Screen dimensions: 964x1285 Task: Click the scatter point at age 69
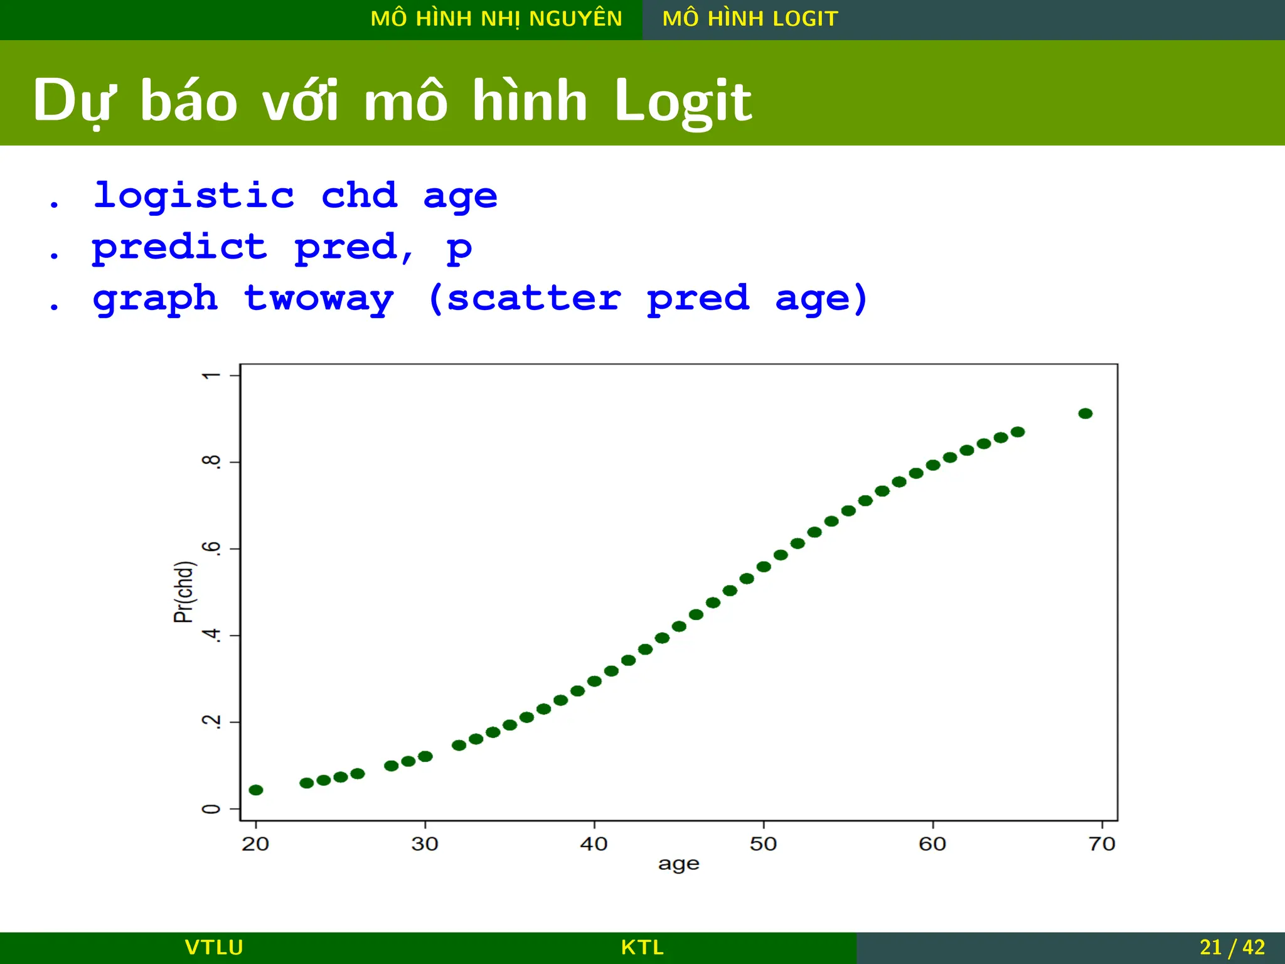pos(1085,414)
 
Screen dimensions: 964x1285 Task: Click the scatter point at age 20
pos(256,790)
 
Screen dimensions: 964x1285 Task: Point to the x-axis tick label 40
pos(594,843)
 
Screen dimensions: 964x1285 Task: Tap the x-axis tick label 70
pos(1102,843)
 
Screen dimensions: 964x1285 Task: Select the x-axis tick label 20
pos(255,843)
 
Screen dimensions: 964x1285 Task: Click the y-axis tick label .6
pos(212,548)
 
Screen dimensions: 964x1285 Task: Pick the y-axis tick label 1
pos(212,375)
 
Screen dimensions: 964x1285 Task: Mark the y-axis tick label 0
pos(212,809)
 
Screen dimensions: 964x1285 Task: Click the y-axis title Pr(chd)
pos(184,592)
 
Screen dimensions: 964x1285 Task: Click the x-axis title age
pos(678,865)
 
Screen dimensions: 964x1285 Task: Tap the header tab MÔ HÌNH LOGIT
pos(750,19)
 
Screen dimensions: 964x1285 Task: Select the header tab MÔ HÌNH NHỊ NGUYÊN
pos(496,19)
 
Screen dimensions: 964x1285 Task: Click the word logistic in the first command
pos(194,195)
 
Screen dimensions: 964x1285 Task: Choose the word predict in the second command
pos(179,247)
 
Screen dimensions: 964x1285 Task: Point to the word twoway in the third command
pos(319,298)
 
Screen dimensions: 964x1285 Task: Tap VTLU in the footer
pos(214,947)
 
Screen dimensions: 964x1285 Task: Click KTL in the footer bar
pos(642,947)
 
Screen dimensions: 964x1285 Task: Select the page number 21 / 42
pos(1232,947)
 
